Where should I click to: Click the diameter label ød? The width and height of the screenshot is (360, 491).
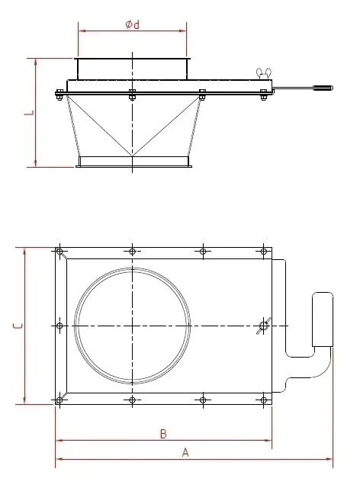(x=132, y=24)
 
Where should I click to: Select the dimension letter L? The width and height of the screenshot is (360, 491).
(x=28, y=112)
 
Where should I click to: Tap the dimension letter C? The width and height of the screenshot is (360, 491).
(x=17, y=326)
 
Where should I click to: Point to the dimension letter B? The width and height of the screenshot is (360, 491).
(x=162, y=434)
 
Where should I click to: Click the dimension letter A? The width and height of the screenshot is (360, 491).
(x=185, y=452)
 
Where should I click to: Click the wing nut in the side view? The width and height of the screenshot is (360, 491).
(x=265, y=74)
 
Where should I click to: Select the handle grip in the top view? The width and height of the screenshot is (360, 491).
(x=323, y=319)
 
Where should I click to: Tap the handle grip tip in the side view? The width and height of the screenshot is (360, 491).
(x=323, y=88)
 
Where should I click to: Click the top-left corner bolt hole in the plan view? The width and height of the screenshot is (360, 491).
(x=60, y=252)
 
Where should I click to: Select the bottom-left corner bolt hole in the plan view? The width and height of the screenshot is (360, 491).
(x=60, y=400)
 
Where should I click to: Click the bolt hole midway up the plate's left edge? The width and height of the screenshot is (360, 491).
(x=60, y=326)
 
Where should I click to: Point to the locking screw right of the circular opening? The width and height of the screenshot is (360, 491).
(x=263, y=326)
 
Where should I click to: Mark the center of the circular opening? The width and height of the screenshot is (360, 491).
(x=133, y=326)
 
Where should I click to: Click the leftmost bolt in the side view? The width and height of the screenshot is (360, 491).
(x=59, y=95)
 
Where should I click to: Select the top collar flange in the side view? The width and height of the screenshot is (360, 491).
(x=132, y=69)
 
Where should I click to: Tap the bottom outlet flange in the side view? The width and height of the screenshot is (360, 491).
(x=133, y=162)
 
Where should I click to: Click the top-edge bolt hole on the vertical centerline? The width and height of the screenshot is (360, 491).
(x=133, y=252)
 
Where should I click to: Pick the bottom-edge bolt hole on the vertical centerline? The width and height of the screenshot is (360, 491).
(x=133, y=400)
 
